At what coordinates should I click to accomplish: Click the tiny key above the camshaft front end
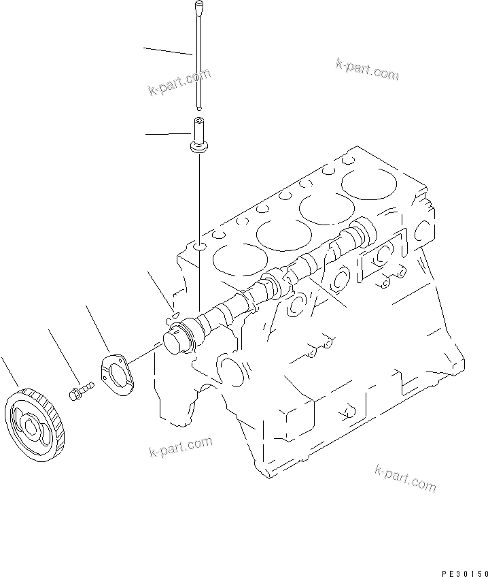pos(173,314)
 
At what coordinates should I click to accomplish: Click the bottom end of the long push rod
pos(198,105)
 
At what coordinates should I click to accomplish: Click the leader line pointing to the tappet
pos(167,135)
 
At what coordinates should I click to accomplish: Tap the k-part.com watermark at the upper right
pos(367,69)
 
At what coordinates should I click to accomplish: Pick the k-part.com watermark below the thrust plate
pos(180,448)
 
